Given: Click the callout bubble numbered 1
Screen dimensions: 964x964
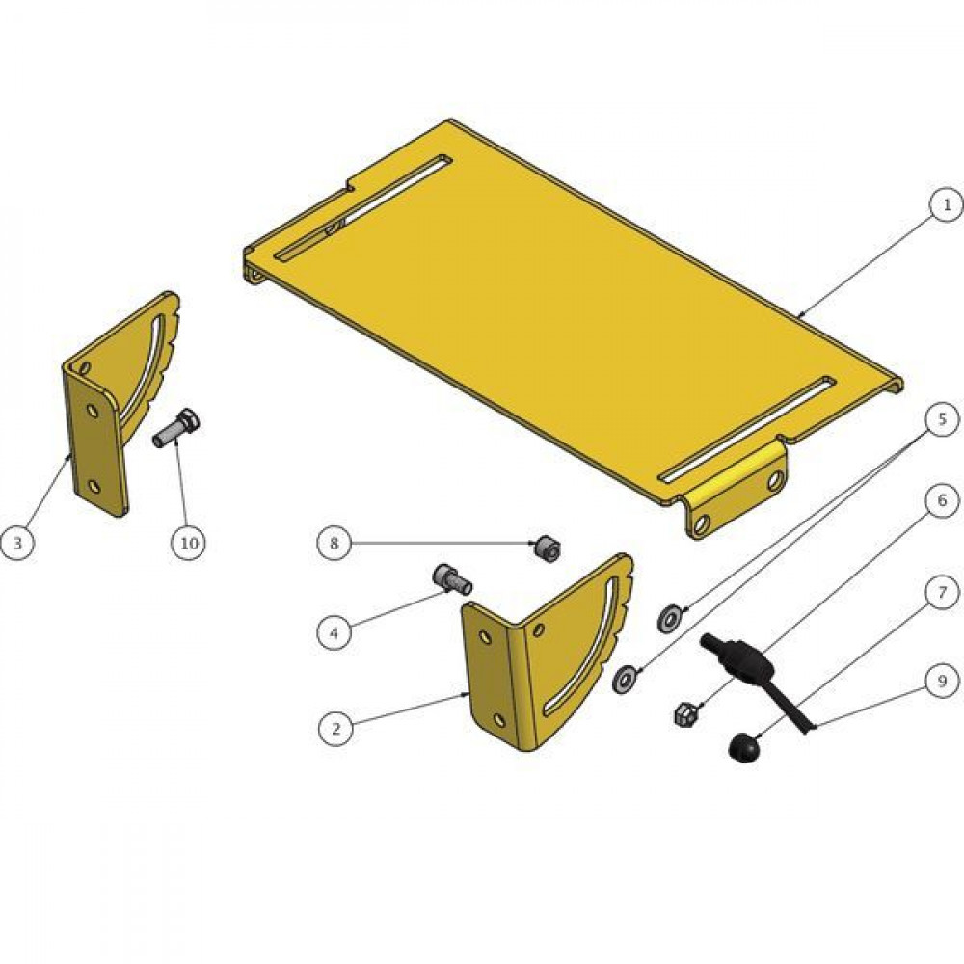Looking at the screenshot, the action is (x=947, y=205).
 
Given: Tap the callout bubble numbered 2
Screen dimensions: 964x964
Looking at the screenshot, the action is (x=335, y=729).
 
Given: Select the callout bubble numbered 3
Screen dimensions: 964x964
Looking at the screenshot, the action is (x=17, y=543).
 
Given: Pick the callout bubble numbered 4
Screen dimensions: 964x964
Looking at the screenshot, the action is (x=335, y=632).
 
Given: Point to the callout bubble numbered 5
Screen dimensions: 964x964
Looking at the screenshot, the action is (x=943, y=420).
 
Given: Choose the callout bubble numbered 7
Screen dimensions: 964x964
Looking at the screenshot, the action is (x=943, y=592).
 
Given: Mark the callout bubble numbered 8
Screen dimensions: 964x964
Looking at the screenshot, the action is (x=335, y=543).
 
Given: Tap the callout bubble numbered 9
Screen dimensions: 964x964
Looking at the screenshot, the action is (x=943, y=682).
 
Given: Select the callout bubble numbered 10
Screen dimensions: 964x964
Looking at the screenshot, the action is (x=189, y=543).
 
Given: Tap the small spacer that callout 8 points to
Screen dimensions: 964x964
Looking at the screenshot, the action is (x=546, y=549).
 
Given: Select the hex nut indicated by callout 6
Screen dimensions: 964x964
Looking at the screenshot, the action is (x=684, y=713).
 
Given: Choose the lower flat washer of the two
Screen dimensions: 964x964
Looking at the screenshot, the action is (x=626, y=678).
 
